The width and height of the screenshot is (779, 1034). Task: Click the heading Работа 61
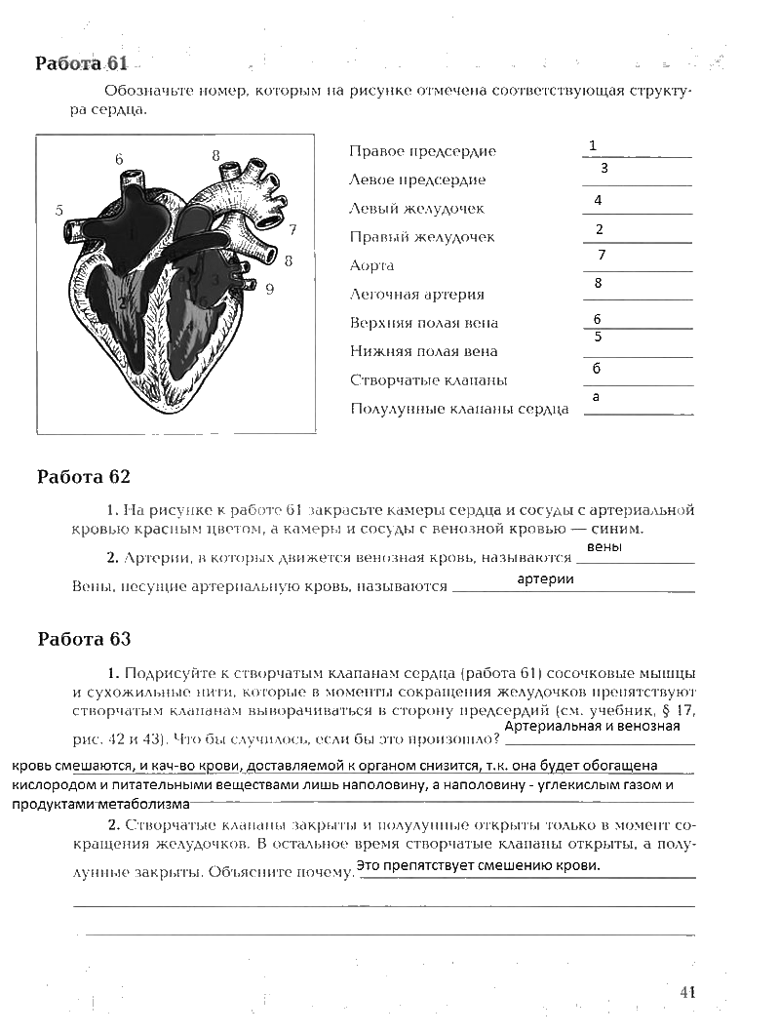(82, 63)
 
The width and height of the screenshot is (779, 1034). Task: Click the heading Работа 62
(83, 477)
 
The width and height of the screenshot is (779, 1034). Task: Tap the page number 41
(687, 992)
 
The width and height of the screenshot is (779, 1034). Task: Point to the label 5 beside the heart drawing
(58, 210)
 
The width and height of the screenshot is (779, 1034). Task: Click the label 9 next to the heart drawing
(269, 288)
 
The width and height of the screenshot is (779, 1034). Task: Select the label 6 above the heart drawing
(119, 159)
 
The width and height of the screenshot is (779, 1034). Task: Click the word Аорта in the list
(371, 265)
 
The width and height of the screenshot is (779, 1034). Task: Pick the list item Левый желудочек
(416, 209)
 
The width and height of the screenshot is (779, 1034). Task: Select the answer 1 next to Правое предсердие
(592, 146)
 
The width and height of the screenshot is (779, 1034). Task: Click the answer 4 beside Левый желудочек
(598, 200)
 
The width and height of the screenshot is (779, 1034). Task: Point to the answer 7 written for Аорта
(602, 255)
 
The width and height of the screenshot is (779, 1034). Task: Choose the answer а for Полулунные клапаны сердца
(596, 397)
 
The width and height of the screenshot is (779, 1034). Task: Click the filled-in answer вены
(605, 547)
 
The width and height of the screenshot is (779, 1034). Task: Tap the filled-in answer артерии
(545, 579)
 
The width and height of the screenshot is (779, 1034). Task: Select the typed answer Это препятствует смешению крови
(478, 866)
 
